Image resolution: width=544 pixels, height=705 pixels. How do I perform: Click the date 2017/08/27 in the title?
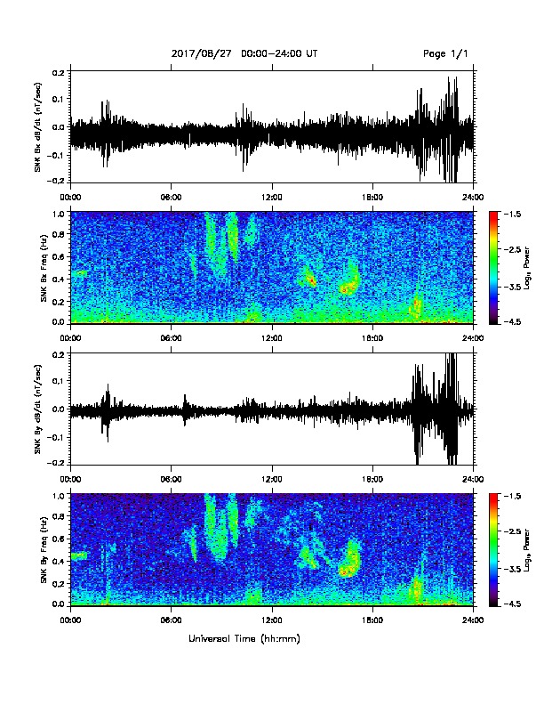click(x=202, y=53)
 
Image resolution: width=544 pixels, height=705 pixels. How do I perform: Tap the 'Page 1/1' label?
click(x=445, y=53)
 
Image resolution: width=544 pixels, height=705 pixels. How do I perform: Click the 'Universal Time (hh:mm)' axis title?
click(x=244, y=638)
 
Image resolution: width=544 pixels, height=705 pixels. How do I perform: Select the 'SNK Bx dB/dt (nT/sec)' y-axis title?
click(x=37, y=126)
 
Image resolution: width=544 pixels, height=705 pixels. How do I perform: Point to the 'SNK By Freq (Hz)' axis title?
click(x=44, y=549)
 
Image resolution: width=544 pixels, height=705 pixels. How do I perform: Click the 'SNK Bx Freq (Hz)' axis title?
click(x=44, y=268)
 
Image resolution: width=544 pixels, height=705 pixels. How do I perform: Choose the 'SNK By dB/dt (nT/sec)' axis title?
click(x=37, y=409)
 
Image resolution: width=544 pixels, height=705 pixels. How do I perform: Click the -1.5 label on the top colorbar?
click(x=512, y=214)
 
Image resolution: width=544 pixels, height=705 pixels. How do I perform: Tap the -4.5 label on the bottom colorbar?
click(x=512, y=604)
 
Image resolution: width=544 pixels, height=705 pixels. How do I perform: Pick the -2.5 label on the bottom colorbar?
click(x=512, y=531)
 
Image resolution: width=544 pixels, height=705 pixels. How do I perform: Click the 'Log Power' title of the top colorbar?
click(x=527, y=269)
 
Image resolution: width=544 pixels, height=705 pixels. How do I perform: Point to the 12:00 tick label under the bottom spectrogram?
click(x=272, y=620)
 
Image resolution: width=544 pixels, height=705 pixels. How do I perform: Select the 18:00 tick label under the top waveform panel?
click(x=372, y=198)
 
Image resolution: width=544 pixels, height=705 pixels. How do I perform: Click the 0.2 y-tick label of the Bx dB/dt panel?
click(x=60, y=71)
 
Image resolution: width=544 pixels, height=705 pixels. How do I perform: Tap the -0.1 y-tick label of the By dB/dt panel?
click(x=57, y=437)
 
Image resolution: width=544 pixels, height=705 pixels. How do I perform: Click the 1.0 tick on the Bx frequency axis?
click(x=60, y=214)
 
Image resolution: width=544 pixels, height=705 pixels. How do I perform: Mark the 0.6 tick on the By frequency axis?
click(x=60, y=539)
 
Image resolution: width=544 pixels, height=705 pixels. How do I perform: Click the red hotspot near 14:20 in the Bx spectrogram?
click(x=310, y=280)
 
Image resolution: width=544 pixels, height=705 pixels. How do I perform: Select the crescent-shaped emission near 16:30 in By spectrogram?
click(x=350, y=560)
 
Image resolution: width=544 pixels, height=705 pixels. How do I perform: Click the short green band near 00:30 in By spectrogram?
click(x=78, y=555)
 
